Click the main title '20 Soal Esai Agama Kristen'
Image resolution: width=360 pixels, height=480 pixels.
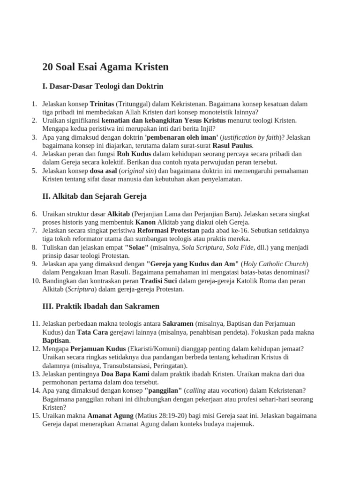(x=105, y=67)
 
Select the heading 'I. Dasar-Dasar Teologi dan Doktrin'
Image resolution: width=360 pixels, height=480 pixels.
(x=103, y=86)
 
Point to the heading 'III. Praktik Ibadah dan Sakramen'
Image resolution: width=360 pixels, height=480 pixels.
(x=101, y=306)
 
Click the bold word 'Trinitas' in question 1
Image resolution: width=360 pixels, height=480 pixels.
(x=102, y=104)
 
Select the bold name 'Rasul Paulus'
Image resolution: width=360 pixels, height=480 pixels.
(x=232, y=146)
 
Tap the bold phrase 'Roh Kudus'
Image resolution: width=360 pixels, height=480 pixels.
(x=135, y=154)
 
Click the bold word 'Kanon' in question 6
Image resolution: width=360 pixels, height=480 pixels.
(x=145, y=222)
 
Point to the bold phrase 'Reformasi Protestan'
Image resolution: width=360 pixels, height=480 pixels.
(x=168, y=231)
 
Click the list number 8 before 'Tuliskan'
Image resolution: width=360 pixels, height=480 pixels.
(x=34, y=247)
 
